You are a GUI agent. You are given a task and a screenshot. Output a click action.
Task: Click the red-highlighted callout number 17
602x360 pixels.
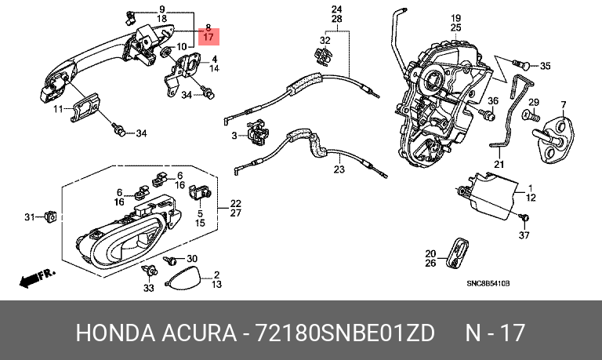(x=208, y=38)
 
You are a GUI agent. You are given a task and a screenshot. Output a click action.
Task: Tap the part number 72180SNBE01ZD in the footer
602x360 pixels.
(x=345, y=333)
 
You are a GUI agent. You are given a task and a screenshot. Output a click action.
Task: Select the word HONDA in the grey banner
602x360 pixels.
(x=115, y=333)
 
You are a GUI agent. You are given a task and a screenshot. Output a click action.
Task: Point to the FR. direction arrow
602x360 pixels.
(x=38, y=279)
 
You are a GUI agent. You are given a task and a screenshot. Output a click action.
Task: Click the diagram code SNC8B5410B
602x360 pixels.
(x=488, y=284)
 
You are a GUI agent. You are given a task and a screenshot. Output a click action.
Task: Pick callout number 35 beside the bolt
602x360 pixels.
(x=546, y=66)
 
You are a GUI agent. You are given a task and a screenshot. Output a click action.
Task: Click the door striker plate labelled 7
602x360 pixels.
(x=554, y=139)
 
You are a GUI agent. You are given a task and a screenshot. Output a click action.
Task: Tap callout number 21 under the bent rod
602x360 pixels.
(x=499, y=165)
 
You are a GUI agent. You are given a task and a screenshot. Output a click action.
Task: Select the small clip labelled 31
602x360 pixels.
(x=51, y=216)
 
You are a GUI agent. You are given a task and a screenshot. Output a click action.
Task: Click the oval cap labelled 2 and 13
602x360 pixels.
(x=183, y=278)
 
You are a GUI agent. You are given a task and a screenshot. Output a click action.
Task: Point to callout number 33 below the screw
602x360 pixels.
(x=149, y=288)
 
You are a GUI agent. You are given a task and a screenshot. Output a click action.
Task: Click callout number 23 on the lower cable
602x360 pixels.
(x=339, y=169)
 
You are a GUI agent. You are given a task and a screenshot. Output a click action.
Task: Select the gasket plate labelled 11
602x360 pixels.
(x=85, y=107)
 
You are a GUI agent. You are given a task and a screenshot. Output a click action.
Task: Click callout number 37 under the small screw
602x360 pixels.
(x=524, y=235)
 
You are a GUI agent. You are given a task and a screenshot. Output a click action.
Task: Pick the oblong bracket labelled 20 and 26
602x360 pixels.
(x=459, y=253)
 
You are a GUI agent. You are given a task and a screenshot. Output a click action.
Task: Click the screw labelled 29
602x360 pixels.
(x=531, y=115)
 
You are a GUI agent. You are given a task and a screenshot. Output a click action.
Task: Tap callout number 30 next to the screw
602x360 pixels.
(x=191, y=259)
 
